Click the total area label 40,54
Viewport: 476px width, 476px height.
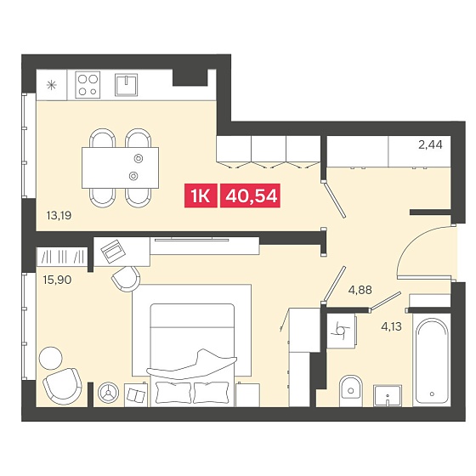[250, 195]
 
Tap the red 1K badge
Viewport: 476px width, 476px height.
[201, 195]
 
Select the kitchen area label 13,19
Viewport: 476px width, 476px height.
[59, 216]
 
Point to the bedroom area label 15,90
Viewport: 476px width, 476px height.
[58, 280]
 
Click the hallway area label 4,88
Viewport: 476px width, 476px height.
[360, 290]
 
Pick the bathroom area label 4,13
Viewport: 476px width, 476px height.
[391, 326]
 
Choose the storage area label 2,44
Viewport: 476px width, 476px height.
[430, 144]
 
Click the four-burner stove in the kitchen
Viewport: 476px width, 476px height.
[88, 85]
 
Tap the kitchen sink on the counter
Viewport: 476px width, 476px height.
[126, 85]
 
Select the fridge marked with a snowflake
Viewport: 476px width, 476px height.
[51, 85]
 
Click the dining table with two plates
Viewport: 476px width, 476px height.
[120, 167]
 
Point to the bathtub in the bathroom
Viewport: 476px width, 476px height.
[432, 360]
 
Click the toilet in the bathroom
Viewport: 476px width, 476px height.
[350, 391]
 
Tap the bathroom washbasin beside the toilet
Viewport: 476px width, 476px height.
[388, 395]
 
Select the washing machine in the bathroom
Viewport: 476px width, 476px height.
[341, 331]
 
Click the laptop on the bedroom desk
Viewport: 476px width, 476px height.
[113, 252]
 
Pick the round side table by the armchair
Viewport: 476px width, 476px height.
[51, 358]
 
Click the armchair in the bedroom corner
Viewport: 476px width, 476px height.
[63, 386]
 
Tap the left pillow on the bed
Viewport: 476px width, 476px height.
[173, 392]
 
